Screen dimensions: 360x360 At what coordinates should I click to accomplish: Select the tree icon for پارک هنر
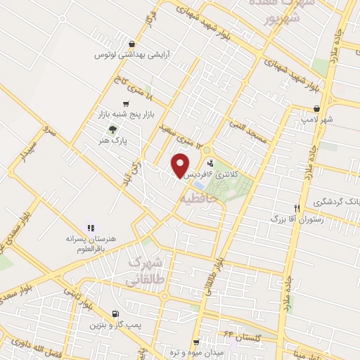click(112, 129)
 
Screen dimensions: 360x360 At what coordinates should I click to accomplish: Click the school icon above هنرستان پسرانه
click(89, 227)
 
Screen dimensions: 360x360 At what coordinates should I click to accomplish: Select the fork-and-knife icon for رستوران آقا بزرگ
click(298, 208)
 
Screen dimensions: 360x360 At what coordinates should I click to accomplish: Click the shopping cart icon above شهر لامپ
click(319, 108)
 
